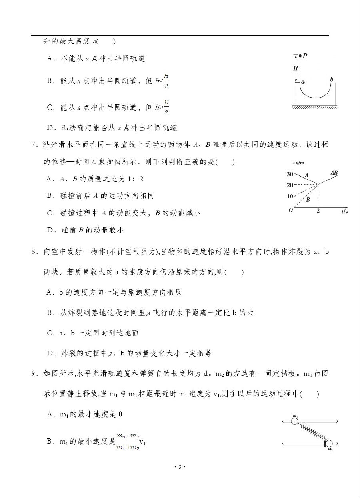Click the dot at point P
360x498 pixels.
click(300, 56)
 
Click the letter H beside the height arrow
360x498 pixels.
click(296, 68)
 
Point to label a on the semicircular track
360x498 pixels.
click(303, 81)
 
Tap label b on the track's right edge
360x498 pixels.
click(331, 80)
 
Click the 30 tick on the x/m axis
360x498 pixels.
click(290, 174)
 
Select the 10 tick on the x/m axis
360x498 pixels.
click(290, 196)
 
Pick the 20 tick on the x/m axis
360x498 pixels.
click(290, 185)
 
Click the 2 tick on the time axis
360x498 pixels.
click(318, 211)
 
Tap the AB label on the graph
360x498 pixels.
click(334, 173)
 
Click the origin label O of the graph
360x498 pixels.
click(291, 210)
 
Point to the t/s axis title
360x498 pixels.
click(344, 211)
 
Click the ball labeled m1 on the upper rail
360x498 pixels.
click(295, 421)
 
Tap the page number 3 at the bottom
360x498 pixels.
click(180, 467)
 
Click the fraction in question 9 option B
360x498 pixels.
click(128, 441)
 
